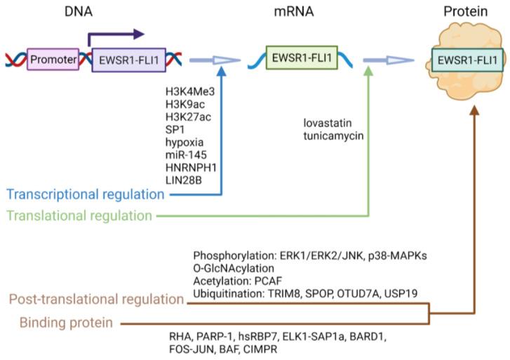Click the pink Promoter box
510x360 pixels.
click(x=53, y=60)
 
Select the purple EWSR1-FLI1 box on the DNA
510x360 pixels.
click(x=128, y=60)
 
